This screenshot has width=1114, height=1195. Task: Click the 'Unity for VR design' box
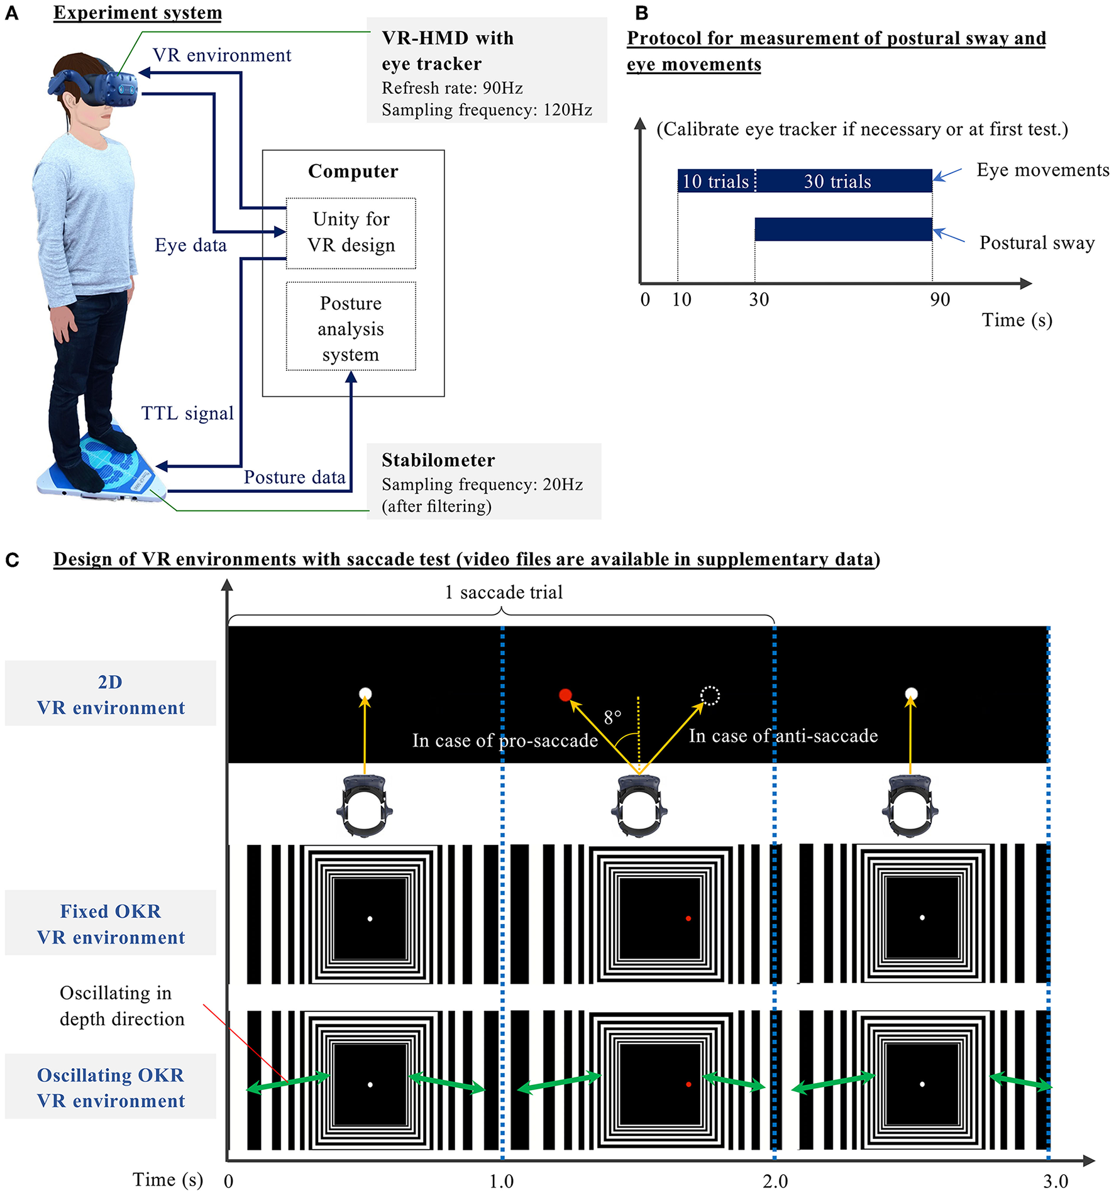coord(351,233)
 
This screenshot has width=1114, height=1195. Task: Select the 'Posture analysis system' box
coord(351,328)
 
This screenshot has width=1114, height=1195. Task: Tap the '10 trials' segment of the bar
coord(715,181)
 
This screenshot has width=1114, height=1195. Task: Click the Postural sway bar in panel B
coord(843,229)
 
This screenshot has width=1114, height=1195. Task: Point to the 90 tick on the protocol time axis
coord(940,299)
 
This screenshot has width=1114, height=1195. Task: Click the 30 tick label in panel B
coord(759,299)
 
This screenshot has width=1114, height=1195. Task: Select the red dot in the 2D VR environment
coord(565,695)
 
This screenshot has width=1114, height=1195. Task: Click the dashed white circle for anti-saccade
coord(710,695)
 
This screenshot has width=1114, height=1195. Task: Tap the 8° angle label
coord(612,717)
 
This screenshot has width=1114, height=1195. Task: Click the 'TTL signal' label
coord(187,413)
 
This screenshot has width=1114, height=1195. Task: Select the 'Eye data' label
coord(190,245)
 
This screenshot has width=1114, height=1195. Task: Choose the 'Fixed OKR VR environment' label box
coord(111,923)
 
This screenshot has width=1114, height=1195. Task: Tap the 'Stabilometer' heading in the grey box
coord(438,460)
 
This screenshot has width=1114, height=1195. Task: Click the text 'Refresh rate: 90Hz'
coord(452,88)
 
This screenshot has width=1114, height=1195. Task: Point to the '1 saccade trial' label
coord(504,592)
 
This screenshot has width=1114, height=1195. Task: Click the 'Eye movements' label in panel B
coord(1042,170)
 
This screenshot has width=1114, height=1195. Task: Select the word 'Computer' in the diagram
coord(353,171)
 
